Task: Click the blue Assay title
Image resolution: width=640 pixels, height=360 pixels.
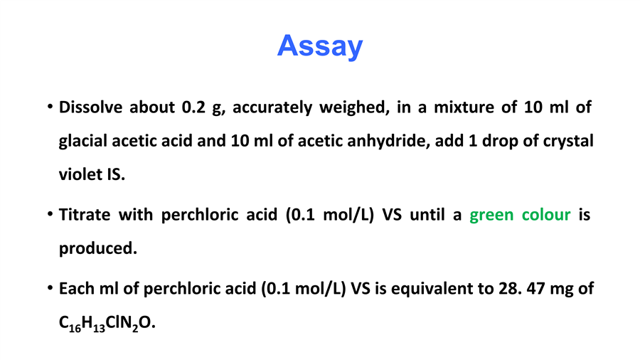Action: [x=320, y=46]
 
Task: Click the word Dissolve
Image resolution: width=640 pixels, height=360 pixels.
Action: [x=90, y=107]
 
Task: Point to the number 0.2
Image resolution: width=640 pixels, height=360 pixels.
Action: [x=193, y=107]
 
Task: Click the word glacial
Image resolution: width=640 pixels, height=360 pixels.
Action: [x=83, y=141]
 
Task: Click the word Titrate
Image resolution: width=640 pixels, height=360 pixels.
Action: [x=85, y=215]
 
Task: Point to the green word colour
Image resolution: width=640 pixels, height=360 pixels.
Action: [x=546, y=215]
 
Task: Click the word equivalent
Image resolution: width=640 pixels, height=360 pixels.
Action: [x=434, y=289]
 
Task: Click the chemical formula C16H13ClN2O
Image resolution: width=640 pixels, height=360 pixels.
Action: [x=107, y=323]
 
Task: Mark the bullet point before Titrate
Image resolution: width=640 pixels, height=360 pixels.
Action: [x=50, y=214]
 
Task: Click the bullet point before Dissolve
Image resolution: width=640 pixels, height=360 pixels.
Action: [x=50, y=107]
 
